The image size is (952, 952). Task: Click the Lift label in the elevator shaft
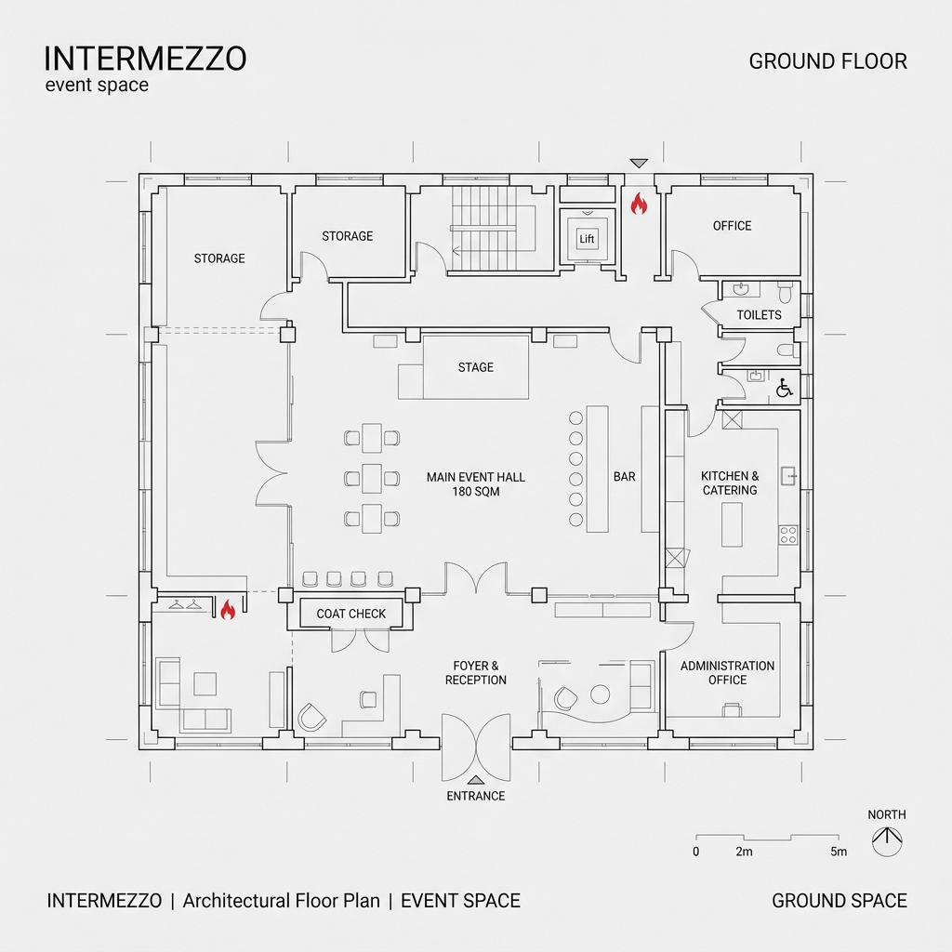[x=587, y=240]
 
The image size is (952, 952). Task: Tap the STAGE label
[x=476, y=367]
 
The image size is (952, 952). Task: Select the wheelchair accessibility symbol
[x=784, y=387]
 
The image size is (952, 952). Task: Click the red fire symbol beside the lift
[x=639, y=204]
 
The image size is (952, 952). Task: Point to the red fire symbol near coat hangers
[x=227, y=610]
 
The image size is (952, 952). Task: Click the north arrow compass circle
[x=887, y=842]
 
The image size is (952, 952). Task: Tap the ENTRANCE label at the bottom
[x=476, y=796]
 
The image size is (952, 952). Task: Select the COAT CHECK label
[x=351, y=614]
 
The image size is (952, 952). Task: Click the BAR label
[x=625, y=477]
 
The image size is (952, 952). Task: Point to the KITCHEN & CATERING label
[x=730, y=483]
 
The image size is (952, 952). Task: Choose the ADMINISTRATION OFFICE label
[x=727, y=673]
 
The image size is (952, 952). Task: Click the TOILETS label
[x=759, y=315]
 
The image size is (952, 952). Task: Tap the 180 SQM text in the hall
[x=476, y=491]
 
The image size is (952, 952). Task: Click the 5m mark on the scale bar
[x=839, y=852]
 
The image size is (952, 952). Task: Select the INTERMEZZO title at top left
[x=145, y=59]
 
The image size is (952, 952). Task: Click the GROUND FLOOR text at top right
[x=827, y=61]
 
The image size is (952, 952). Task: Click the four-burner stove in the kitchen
[x=787, y=535]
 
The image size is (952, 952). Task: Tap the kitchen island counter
[x=733, y=524]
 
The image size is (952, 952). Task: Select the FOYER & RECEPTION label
[x=476, y=673]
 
